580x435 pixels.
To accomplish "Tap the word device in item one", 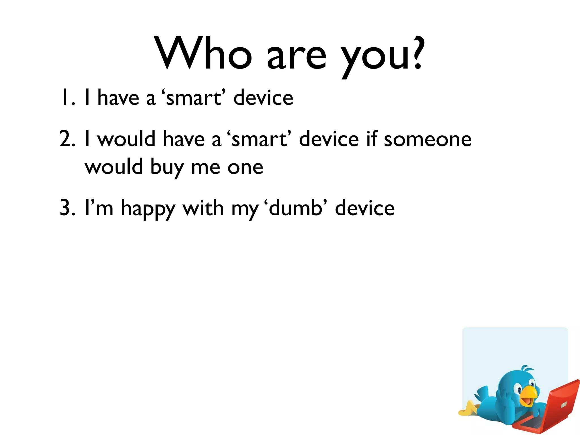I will click(x=263, y=98).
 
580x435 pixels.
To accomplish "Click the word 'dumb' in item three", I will click(x=296, y=208).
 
